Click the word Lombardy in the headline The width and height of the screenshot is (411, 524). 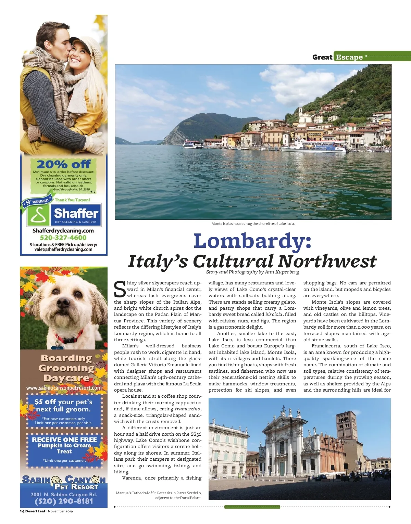point(252,241)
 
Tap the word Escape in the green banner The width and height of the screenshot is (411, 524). point(349,57)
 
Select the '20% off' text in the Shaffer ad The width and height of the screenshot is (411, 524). point(64,164)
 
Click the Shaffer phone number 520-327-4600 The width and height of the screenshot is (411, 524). point(63,238)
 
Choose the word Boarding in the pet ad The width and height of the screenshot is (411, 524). point(66,358)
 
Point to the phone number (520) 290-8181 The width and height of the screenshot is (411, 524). point(64,501)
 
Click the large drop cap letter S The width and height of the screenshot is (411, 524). point(120,290)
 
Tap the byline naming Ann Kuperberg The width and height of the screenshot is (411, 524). point(252,272)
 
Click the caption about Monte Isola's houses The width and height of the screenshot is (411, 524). point(253,223)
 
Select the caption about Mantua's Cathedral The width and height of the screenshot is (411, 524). point(159,495)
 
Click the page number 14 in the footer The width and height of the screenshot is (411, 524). point(22,511)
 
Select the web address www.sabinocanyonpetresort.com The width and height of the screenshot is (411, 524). point(64,388)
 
